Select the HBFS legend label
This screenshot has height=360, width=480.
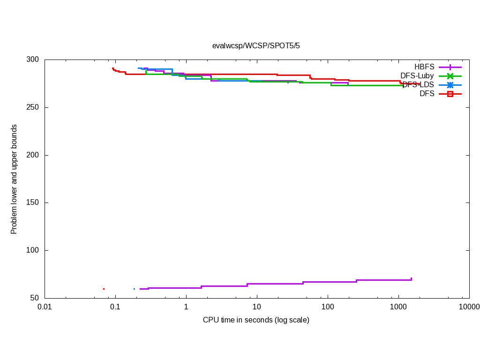tap(424, 67)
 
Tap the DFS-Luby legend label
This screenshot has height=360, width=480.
tap(417, 76)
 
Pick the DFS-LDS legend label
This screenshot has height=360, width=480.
tap(418, 85)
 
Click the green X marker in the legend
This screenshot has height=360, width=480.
tap(450, 76)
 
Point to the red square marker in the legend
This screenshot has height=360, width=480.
tap(450, 94)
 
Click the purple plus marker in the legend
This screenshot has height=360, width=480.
tap(450, 67)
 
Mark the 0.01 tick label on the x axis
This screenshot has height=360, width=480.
tap(45, 307)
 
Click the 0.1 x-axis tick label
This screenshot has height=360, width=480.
tap(115, 307)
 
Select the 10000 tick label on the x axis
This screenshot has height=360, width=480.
tap(469, 307)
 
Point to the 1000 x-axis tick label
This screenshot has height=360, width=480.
tap(398, 307)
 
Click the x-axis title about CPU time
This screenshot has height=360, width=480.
tap(256, 320)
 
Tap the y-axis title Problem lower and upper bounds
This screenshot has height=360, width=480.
tap(14, 179)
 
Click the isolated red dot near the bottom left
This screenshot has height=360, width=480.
tap(104, 289)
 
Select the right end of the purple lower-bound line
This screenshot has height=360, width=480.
tap(411, 279)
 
